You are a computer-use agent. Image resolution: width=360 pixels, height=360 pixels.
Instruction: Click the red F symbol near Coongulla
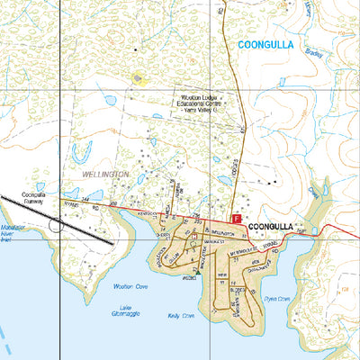pos(237,218)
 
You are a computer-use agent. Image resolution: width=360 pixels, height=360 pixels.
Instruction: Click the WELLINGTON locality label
pos(105,173)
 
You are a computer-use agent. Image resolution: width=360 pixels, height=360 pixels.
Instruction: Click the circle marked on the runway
pos(57,223)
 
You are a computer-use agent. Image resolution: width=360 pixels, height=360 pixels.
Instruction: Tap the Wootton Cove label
pos(124,287)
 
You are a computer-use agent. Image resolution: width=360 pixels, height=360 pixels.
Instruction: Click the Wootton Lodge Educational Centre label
pos(200,105)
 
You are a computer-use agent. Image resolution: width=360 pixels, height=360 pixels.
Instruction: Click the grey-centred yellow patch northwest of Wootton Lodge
pos(138,78)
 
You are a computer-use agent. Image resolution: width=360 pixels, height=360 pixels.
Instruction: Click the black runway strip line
pos(81,230)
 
